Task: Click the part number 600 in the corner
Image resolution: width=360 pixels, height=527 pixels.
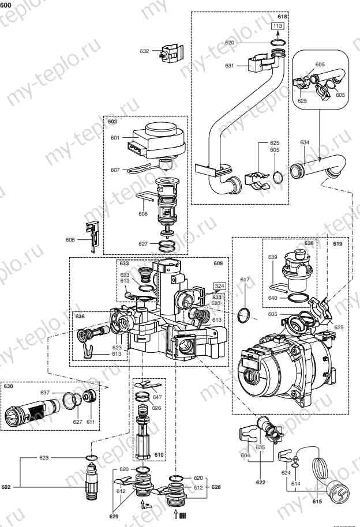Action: [6, 5]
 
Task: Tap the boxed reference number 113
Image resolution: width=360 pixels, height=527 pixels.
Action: [277, 27]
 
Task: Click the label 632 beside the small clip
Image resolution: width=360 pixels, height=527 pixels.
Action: [145, 51]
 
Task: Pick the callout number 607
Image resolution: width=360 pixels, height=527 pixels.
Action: [115, 170]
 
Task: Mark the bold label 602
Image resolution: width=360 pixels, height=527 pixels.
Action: [6, 487]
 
